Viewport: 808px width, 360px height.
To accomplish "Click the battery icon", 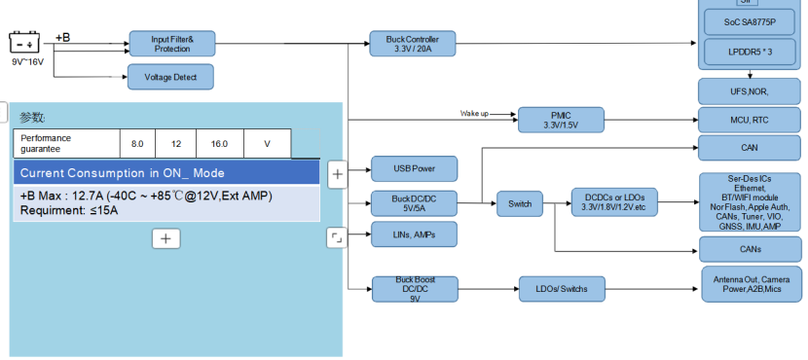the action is (x=24, y=42).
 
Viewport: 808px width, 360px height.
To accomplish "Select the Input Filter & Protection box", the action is (x=172, y=44).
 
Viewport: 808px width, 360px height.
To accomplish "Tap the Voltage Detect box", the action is (x=170, y=77).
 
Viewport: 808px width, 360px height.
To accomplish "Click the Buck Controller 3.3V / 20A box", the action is (x=413, y=44).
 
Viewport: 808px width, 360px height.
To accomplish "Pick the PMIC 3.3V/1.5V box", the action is (x=561, y=120).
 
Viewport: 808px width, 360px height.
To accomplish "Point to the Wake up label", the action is (x=474, y=113).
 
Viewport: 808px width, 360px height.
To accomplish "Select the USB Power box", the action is (x=415, y=169).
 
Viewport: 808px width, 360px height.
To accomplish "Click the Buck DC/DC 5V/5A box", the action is (x=415, y=203).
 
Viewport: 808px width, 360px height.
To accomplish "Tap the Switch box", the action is (x=520, y=204).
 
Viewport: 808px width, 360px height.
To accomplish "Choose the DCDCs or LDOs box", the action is (x=614, y=202).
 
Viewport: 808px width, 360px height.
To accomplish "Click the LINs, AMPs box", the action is (x=415, y=234).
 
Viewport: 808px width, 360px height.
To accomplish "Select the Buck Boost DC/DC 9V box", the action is (x=415, y=289).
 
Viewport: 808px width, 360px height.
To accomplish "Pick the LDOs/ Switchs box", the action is (x=563, y=289).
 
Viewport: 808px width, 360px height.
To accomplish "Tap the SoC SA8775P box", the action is (x=750, y=22).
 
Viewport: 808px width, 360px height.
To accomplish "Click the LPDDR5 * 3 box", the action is (x=750, y=52).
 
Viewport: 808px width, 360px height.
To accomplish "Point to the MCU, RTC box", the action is (x=750, y=120).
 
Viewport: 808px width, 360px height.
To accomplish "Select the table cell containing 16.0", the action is (x=219, y=144).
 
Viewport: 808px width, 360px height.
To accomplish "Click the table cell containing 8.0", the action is (x=137, y=144).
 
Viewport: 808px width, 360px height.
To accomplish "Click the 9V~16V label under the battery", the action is (x=28, y=62).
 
